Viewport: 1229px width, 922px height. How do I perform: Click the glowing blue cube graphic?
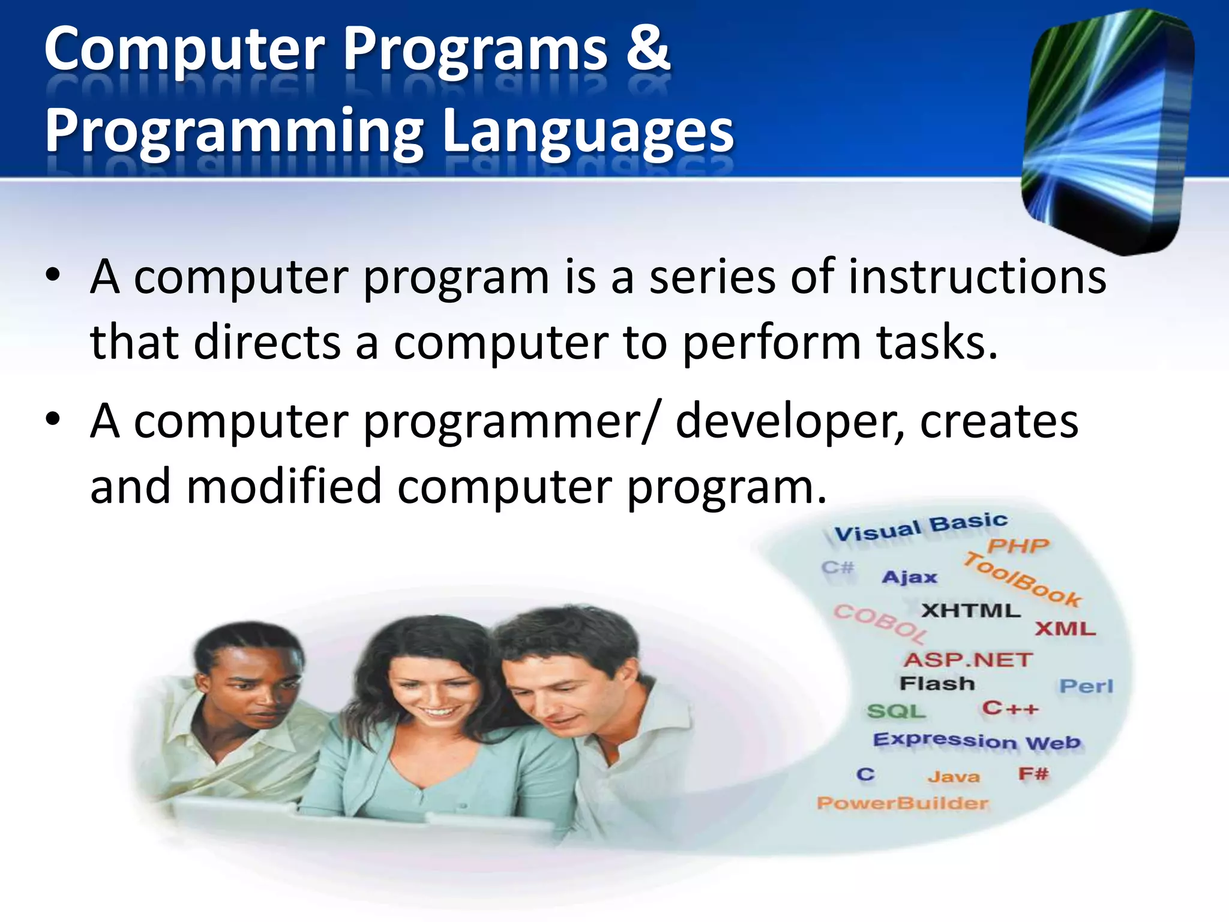click(1107, 129)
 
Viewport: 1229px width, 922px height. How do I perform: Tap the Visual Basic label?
click(921, 526)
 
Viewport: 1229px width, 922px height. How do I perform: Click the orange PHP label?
click(1018, 546)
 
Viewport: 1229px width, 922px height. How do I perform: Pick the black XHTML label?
click(970, 610)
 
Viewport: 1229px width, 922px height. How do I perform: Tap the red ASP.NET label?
click(967, 660)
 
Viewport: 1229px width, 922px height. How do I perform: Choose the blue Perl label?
click(1086, 685)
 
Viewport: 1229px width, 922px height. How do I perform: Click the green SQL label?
click(896, 711)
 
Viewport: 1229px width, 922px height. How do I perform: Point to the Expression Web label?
click(976, 741)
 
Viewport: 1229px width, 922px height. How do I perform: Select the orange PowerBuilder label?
click(902, 803)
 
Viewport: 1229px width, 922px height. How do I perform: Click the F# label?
click(1033, 774)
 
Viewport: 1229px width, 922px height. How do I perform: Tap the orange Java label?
click(954, 777)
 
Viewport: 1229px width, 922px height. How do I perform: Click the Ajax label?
click(909, 577)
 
